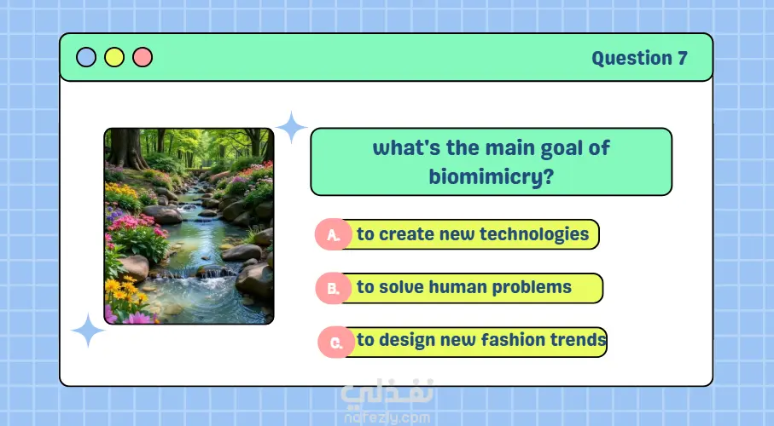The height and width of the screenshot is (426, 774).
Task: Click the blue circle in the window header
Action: (86, 57)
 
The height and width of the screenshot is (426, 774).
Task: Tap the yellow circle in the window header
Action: (114, 57)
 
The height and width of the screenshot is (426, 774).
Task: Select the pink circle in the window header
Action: (143, 57)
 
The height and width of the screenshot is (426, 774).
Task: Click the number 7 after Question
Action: (683, 58)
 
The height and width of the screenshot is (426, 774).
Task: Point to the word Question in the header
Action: (631, 59)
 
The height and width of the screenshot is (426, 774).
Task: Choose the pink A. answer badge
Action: (333, 234)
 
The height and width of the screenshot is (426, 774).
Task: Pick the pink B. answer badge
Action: (333, 287)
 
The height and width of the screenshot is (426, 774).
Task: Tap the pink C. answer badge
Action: (336, 343)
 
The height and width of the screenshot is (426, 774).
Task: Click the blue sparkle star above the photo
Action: (291, 127)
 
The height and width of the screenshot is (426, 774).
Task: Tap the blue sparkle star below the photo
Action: (88, 330)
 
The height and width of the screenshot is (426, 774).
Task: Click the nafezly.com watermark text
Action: (387, 417)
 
